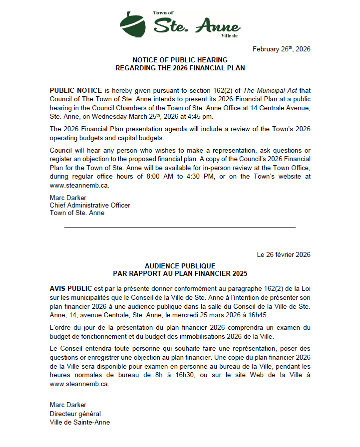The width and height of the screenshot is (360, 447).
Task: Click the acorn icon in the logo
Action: coord(133,23)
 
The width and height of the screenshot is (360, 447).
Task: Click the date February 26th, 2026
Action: coord(281,49)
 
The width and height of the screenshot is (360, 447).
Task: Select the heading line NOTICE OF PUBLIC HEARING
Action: coord(180,60)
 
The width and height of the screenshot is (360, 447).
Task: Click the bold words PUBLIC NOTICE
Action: coord(76,90)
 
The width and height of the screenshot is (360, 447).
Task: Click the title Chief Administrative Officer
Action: coord(90,205)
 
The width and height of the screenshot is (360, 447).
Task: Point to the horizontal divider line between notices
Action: coord(180,227)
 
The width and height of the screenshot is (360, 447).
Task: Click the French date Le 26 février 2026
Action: coord(283,254)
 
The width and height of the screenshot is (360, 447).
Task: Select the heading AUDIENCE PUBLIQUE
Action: coord(180,266)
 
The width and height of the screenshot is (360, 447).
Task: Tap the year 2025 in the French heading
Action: coord(239,273)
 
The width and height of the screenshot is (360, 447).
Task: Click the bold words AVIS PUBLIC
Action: coord(70,289)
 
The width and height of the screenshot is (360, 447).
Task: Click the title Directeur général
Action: coord(75,414)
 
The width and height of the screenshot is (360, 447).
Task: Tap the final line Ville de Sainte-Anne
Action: coord(79,422)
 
